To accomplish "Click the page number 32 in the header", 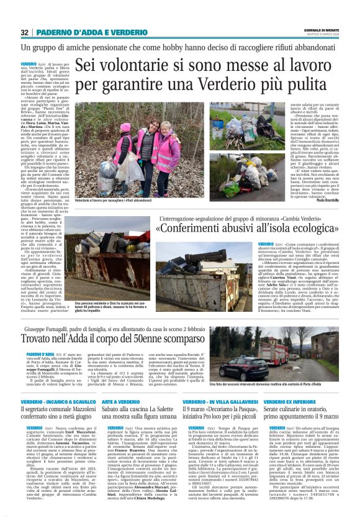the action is point(25,32).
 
